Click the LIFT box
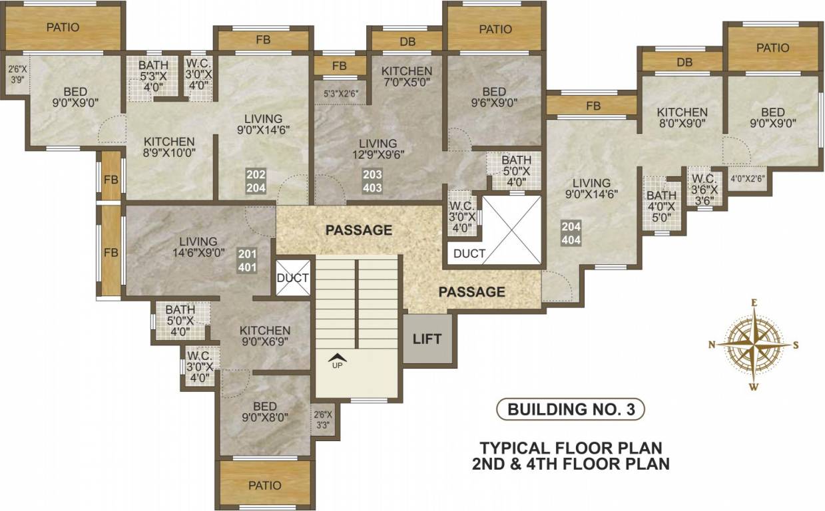(427, 339)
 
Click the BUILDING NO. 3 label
(571, 409)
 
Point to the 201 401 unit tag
(246, 260)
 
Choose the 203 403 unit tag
(372, 181)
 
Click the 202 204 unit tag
(256, 181)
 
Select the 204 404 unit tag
(571, 233)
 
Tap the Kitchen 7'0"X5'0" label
(407, 77)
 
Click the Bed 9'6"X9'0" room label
(493, 97)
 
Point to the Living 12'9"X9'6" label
(378, 148)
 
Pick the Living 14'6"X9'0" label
(198, 247)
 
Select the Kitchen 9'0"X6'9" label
(265, 337)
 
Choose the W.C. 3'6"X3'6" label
(703, 188)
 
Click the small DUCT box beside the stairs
(293, 277)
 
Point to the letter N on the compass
(712, 345)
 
